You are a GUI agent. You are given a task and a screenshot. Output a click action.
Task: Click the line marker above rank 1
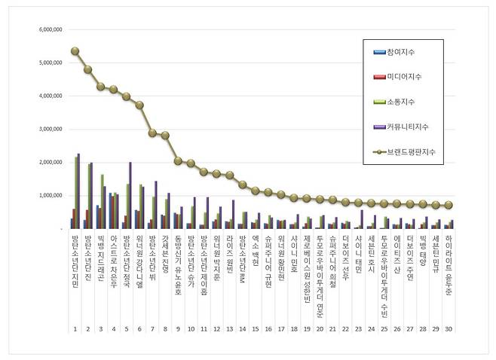point(75,51)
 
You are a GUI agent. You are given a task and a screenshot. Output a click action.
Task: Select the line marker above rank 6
point(139,105)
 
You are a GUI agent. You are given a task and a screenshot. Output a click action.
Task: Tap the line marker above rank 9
point(178,160)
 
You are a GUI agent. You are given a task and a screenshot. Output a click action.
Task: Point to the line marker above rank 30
point(449,205)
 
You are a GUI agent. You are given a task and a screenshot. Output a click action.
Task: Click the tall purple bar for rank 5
point(130,195)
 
